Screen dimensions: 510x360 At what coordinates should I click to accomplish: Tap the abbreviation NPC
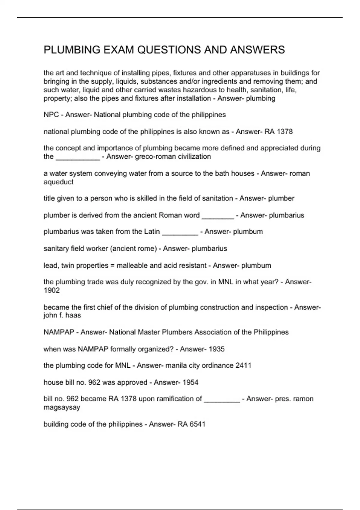51,115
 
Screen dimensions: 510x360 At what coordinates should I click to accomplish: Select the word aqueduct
58,182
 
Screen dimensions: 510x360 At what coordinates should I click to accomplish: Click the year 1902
52,290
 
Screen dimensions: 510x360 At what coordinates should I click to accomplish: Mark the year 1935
217,349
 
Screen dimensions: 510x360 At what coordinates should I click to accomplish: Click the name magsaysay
62,408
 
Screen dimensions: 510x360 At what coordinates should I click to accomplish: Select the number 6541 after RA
197,424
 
